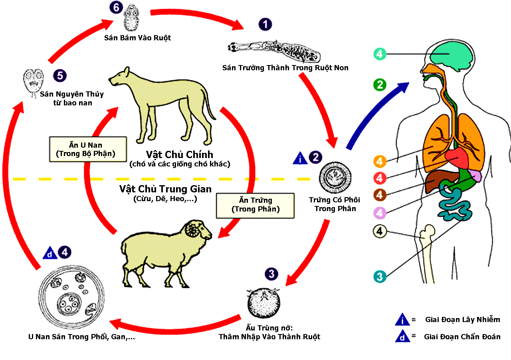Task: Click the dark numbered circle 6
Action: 116,8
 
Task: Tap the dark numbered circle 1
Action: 265,24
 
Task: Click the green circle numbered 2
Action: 379,85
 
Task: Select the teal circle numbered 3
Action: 380,276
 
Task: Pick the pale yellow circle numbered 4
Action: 379,231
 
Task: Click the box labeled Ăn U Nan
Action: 88,149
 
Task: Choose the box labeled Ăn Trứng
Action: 255,205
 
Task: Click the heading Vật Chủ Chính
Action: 180,154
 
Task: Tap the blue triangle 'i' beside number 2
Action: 300,158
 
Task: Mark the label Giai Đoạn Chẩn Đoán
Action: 462,336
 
